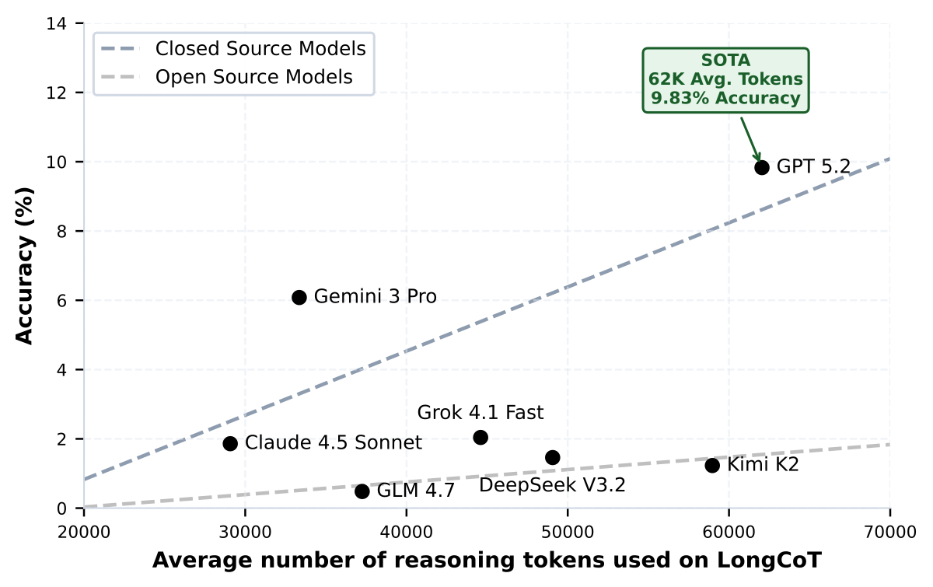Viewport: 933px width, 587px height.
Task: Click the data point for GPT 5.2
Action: (x=761, y=167)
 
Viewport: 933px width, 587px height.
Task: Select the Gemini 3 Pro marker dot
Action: (x=299, y=297)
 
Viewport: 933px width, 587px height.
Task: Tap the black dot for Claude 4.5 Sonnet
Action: (x=230, y=443)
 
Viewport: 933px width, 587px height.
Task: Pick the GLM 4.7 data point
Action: (x=362, y=491)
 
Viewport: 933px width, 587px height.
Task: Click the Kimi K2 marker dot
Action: (x=712, y=465)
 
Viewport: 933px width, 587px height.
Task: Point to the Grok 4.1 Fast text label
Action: (x=480, y=412)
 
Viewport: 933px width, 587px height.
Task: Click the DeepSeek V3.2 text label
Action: (x=552, y=486)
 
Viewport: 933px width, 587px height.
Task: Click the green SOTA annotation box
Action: (x=725, y=80)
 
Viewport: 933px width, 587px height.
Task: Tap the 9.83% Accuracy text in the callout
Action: (x=725, y=99)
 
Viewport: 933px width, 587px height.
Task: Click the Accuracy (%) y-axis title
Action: (x=25, y=266)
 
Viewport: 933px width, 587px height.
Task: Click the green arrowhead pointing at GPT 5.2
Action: (x=758, y=157)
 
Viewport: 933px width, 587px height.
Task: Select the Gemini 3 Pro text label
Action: (x=375, y=297)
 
